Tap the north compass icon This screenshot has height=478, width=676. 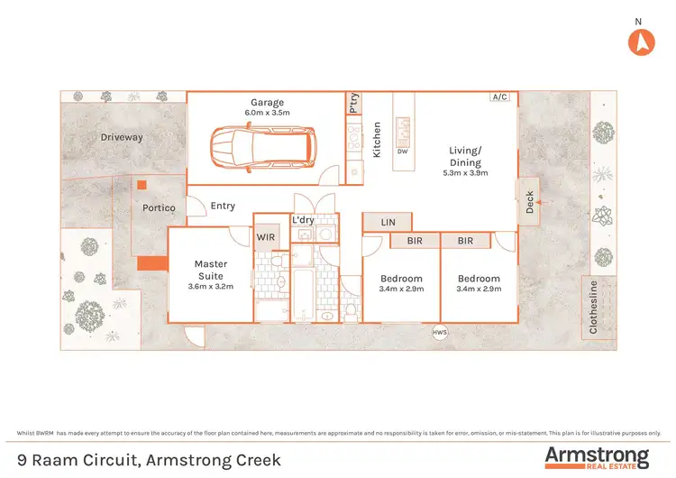point(639,41)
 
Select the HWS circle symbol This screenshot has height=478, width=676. point(440,331)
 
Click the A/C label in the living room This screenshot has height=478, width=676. point(499,97)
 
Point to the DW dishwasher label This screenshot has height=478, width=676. point(404,152)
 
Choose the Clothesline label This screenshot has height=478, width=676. point(593,308)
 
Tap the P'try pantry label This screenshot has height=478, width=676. point(353,105)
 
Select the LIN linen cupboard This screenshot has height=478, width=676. point(388,221)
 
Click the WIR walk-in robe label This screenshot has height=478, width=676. point(266,237)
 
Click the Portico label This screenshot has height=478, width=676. point(159,208)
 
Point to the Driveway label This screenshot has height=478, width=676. point(122,138)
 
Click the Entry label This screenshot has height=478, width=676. point(223,206)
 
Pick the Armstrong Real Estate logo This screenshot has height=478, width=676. point(596,457)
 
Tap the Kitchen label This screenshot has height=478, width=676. point(377,141)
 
